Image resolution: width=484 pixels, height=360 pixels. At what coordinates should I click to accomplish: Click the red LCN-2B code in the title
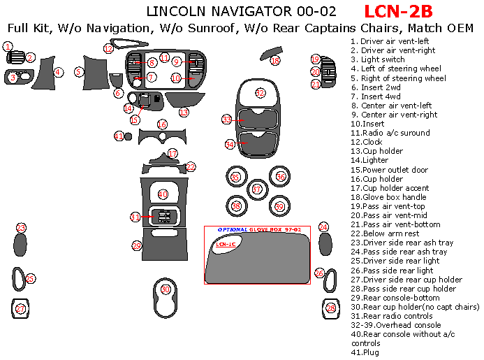click(398, 11)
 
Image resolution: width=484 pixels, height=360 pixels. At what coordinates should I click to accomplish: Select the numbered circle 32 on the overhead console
click(260, 93)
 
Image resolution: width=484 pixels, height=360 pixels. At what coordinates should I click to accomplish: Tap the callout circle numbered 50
click(166, 289)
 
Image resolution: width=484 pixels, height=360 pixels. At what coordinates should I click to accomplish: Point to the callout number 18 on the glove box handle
click(275, 62)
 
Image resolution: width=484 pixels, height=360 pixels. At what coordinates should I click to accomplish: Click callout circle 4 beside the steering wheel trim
click(59, 72)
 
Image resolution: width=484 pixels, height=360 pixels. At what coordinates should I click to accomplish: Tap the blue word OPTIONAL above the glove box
click(231, 230)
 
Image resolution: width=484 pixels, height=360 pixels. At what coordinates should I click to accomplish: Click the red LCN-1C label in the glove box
click(225, 244)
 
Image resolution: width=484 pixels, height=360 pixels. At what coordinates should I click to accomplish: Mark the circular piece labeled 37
click(257, 189)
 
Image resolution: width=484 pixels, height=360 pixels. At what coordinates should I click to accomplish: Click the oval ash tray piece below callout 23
click(21, 245)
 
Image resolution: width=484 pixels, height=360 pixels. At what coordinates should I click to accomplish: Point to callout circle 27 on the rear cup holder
click(20, 309)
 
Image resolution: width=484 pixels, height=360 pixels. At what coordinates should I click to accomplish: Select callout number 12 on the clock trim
click(108, 48)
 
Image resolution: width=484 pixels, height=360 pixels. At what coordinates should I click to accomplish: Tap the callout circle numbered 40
click(163, 194)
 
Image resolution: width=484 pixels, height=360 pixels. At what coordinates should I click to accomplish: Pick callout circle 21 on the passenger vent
click(316, 85)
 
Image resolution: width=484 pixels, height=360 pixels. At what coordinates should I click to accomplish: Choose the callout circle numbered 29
click(137, 245)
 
